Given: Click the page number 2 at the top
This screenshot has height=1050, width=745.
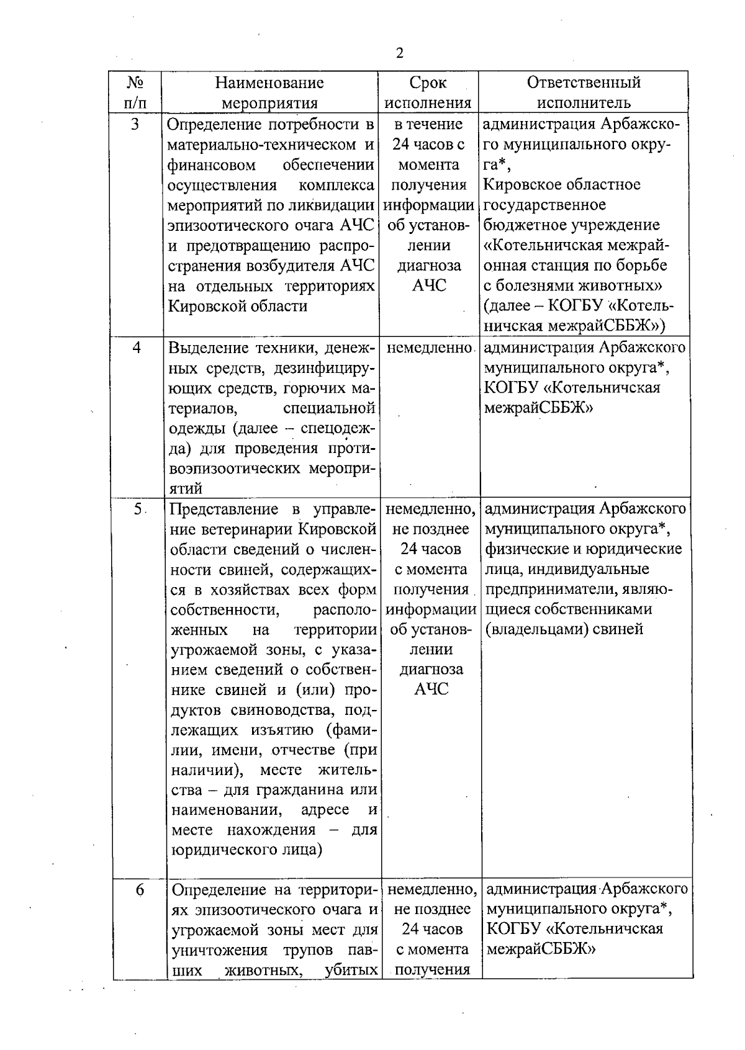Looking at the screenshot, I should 399,53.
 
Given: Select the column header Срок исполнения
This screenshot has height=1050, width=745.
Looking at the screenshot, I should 428,92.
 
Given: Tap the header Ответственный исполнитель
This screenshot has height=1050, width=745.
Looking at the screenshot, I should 584,92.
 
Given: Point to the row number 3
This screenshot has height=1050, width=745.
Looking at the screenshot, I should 135,125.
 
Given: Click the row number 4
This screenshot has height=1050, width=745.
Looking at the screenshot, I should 137,348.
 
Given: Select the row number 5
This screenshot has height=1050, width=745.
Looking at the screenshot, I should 137,509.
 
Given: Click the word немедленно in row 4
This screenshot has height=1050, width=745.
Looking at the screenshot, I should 428,348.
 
